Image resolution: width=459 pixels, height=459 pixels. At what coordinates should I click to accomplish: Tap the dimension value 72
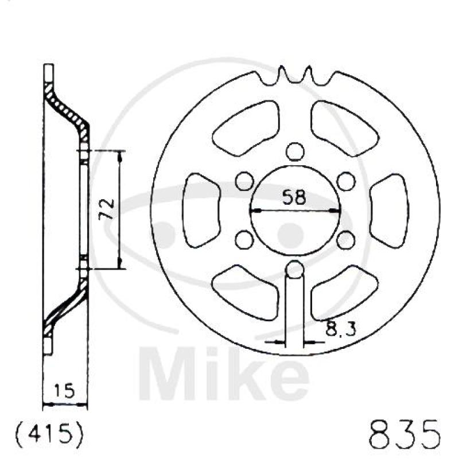click(x=107, y=209)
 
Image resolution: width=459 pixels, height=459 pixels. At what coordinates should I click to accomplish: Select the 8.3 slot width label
click(x=341, y=328)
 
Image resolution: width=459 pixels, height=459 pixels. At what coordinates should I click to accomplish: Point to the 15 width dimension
click(x=65, y=391)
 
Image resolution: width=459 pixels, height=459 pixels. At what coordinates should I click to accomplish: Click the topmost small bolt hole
click(x=295, y=151)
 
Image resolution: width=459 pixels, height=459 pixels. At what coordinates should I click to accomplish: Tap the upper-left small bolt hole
click(x=244, y=181)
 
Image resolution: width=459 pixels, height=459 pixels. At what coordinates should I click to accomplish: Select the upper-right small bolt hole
click(x=347, y=181)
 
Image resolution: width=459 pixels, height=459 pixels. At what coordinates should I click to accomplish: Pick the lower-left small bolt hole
click(x=244, y=239)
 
